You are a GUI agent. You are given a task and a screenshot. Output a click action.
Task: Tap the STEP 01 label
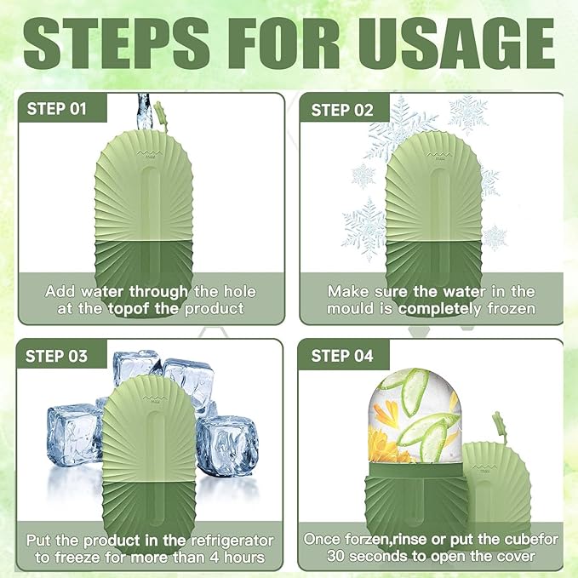pos(56,109)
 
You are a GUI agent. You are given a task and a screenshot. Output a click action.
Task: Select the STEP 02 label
pos(342,110)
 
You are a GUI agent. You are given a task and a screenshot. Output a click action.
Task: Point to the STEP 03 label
pos(56,356)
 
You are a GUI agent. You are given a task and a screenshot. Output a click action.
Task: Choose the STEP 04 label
pos(342,356)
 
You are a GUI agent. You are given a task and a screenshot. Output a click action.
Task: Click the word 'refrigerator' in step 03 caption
pos(232,541)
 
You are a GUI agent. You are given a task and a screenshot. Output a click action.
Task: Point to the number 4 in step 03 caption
pos(215,557)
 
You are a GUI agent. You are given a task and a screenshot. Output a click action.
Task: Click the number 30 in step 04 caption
pos(335,556)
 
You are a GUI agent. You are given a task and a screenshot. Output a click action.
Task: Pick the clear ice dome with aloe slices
pos(415,416)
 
